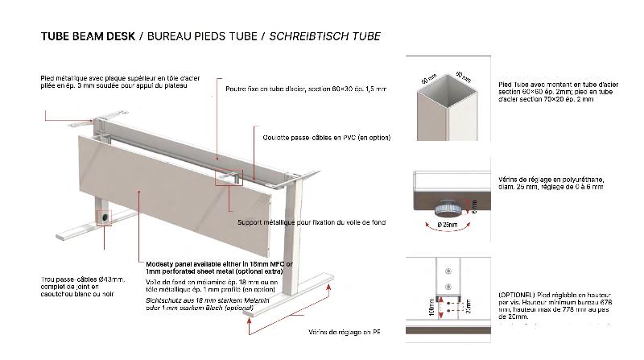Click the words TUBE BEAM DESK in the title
[88, 36]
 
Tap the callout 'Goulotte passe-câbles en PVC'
[320, 138]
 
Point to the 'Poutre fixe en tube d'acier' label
[305, 89]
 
